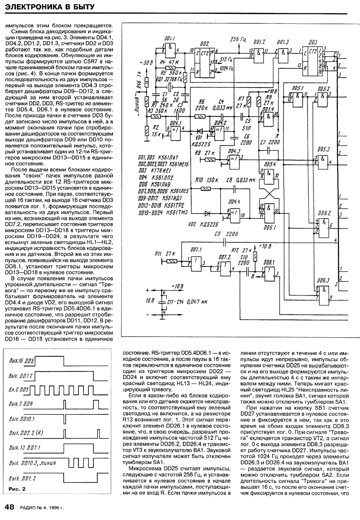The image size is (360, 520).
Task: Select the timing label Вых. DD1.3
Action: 22,479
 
